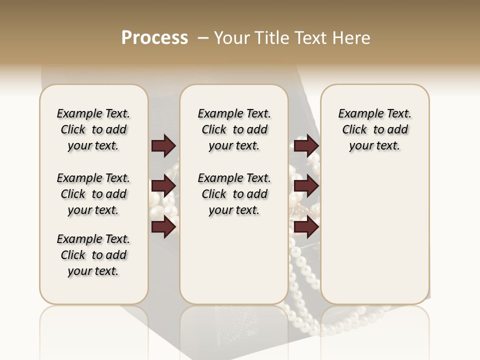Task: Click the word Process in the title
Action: (x=154, y=38)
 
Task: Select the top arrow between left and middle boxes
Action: (x=163, y=146)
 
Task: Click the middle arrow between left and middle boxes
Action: (x=163, y=186)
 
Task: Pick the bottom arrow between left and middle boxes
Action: (x=163, y=227)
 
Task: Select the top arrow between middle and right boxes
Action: (x=305, y=146)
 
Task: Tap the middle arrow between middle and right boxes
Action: (x=305, y=186)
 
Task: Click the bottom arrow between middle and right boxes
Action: (x=305, y=227)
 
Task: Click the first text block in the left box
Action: (x=93, y=129)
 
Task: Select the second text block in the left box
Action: (x=93, y=194)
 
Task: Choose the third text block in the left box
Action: (x=93, y=255)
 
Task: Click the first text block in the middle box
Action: (x=234, y=129)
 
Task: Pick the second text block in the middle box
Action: (x=234, y=194)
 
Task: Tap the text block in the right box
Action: (x=374, y=129)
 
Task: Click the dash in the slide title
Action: (x=203, y=38)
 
